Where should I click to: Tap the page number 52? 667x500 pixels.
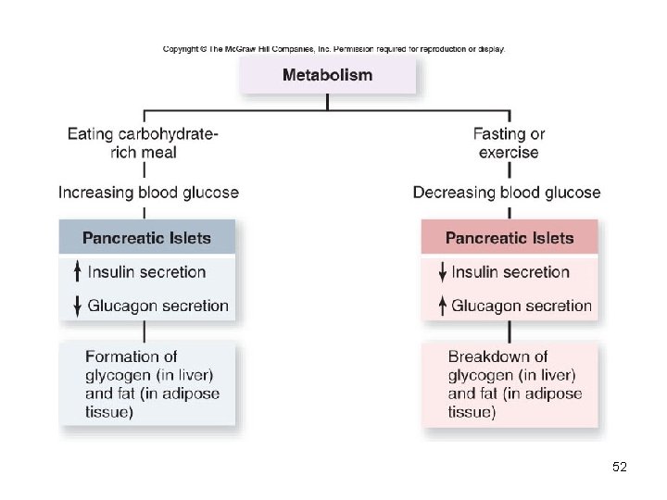click(x=620, y=468)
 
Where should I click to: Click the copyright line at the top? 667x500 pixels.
click(x=333, y=49)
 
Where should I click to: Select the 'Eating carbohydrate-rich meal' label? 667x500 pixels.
click(x=144, y=143)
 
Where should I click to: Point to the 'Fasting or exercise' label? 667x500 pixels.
click(x=509, y=143)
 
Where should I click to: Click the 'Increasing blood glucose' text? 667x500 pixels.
click(x=148, y=193)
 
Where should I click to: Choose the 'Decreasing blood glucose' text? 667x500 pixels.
click(x=507, y=193)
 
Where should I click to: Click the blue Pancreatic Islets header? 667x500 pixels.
click(x=146, y=238)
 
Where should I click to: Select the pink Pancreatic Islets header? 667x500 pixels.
click(x=510, y=238)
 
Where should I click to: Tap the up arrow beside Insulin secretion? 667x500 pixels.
click(x=78, y=272)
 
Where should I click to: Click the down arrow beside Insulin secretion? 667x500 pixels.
click(x=442, y=272)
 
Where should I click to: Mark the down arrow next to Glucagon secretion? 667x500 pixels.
click(x=78, y=306)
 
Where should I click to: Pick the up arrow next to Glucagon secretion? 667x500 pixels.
click(x=442, y=306)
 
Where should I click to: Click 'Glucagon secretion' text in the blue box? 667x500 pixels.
click(x=157, y=306)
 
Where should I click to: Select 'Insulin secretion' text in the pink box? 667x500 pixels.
click(x=510, y=272)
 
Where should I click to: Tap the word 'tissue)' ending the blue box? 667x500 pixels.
click(x=108, y=412)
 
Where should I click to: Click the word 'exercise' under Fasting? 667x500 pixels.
click(x=509, y=152)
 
